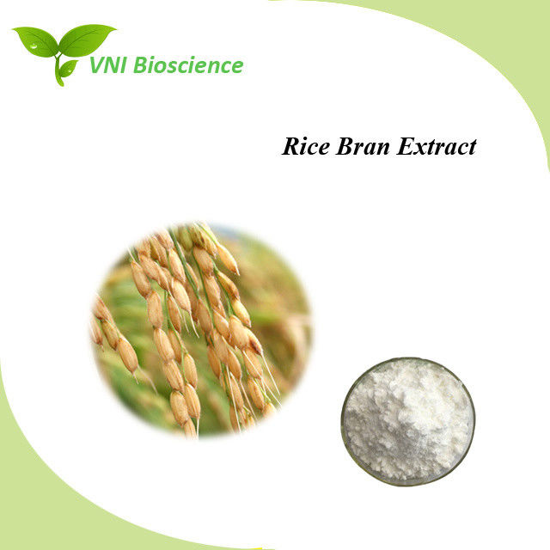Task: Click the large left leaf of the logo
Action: click(37, 42)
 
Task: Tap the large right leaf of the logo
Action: click(86, 40)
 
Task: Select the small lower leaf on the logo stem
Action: click(69, 68)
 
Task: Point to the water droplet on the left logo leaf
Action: click(34, 46)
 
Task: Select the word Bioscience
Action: click(188, 65)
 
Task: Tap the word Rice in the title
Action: click(306, 146)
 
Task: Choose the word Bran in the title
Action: click(363, 146)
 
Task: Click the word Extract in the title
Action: click(437, 146)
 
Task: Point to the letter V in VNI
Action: click(97, 65)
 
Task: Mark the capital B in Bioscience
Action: click(140, 65)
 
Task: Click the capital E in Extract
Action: click(406, 146)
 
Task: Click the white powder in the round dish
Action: click(408, 420)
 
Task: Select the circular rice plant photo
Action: click(200, 330)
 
